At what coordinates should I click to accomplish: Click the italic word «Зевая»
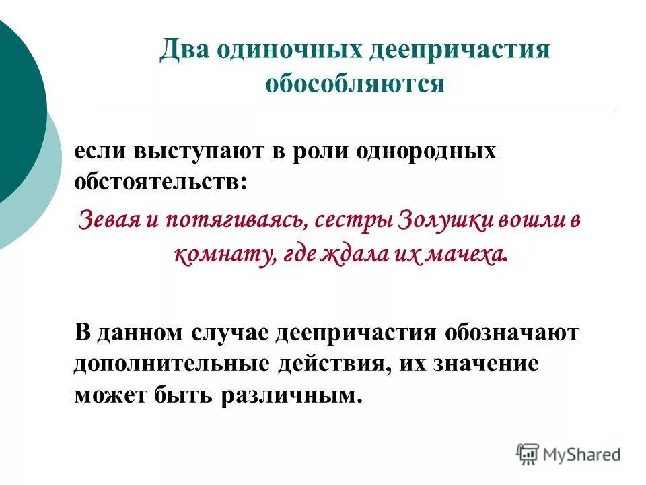[x=107, y=221]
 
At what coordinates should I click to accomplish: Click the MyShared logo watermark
[x=569, y=455]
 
